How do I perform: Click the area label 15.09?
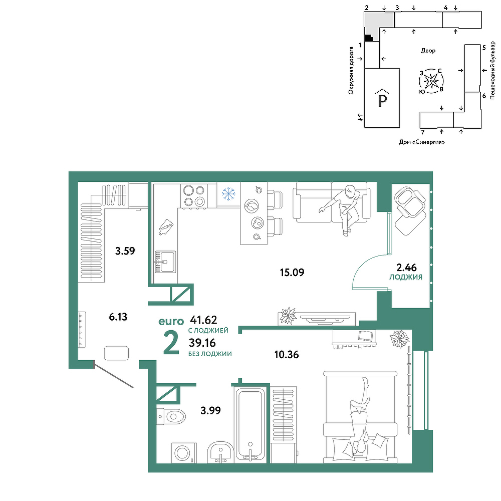(x=292, y=273)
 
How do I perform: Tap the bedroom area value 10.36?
(x=287, y=354)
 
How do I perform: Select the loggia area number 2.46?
(x=406, y=267)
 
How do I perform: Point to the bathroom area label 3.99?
(x=210, y=410)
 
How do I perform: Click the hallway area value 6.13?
(x=118, y=317)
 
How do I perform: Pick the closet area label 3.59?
(x=125, y=251)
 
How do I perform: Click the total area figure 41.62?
(x=203, y=320)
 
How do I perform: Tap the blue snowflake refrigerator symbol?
(x=228, y=194)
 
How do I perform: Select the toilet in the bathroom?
(x=171, y=416)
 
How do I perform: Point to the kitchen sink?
(x=165, y=262)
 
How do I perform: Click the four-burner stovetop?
(x=193, y=196)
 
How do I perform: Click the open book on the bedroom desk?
(x=365, y=336)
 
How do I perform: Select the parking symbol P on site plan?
(x=383, y=100)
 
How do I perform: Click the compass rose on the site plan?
(x=431, y=81)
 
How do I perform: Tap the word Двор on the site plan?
(x=428, y=51)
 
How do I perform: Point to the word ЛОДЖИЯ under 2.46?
(x=406, y=278)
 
